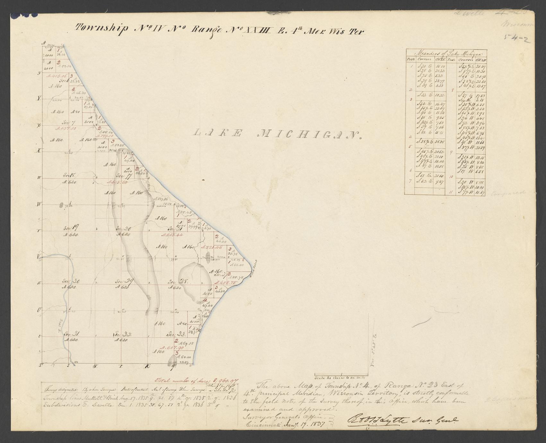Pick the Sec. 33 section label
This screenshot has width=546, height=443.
[176, 334]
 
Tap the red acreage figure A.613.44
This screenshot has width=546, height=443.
[172, 235]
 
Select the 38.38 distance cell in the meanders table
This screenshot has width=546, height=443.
[440, 142]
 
